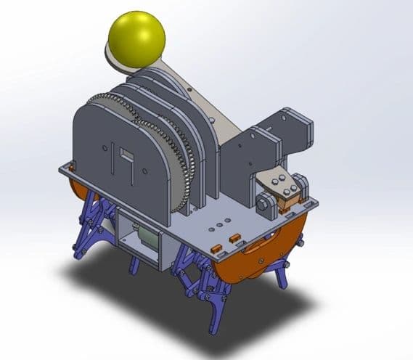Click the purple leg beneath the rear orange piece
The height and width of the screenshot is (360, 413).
(x=91, y=225)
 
